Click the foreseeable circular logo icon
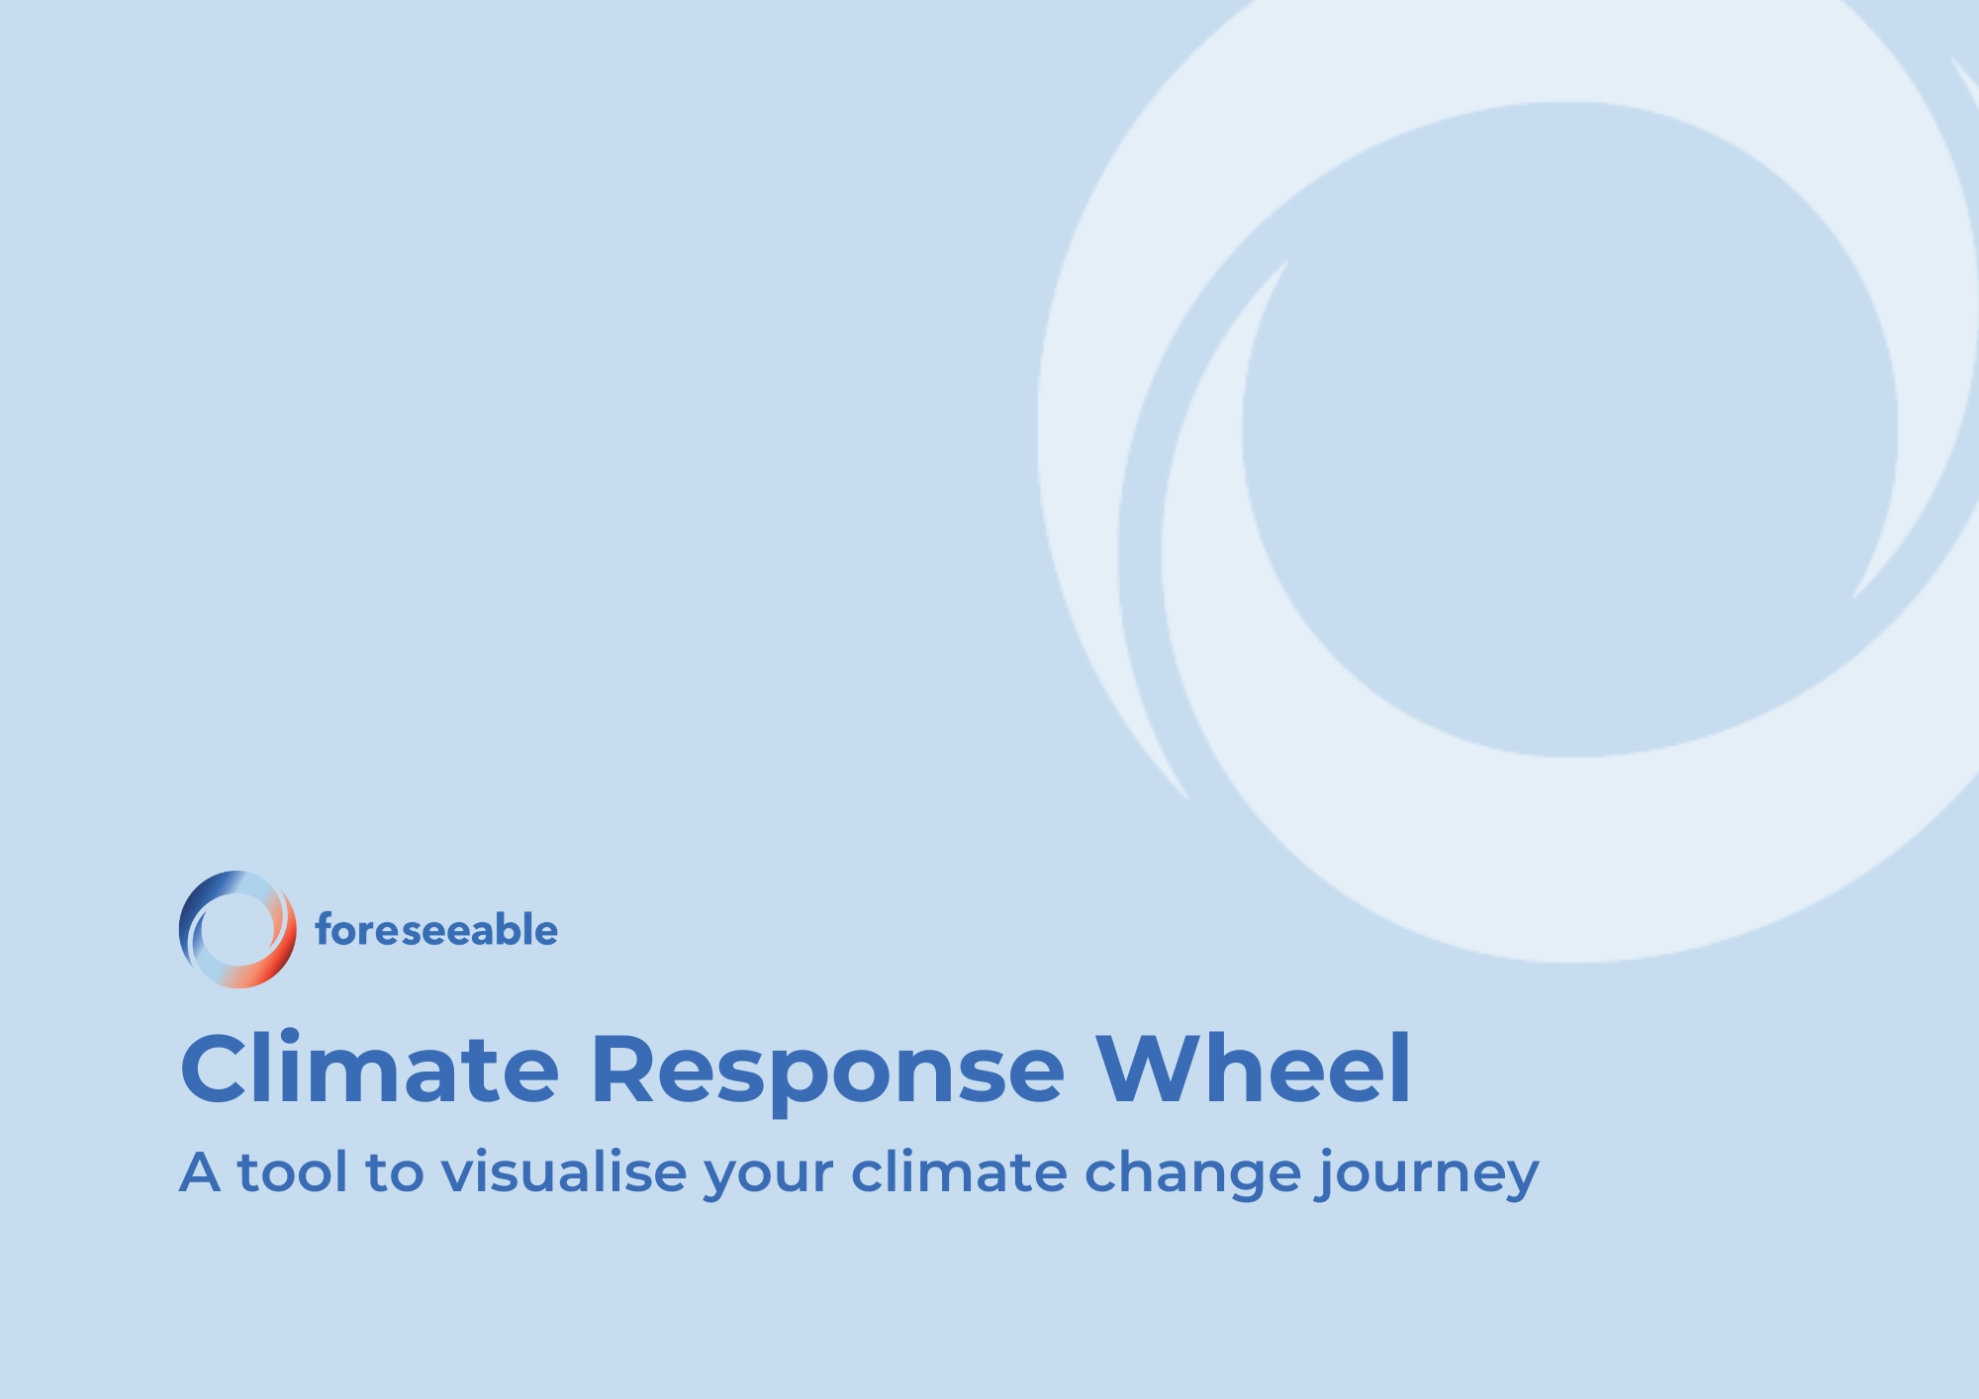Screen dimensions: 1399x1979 point(237,929)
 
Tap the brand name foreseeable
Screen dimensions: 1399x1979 point(436,931)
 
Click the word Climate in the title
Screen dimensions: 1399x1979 point(370,1070)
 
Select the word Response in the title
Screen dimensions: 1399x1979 point(827,1070)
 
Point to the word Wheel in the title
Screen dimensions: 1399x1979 point(1253,1070)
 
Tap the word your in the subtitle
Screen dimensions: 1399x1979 point(768,1177)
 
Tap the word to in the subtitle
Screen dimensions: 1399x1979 point(394,1173)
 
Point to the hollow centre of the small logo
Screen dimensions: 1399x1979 point(236,929)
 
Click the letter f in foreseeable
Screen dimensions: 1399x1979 point(323,930)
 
